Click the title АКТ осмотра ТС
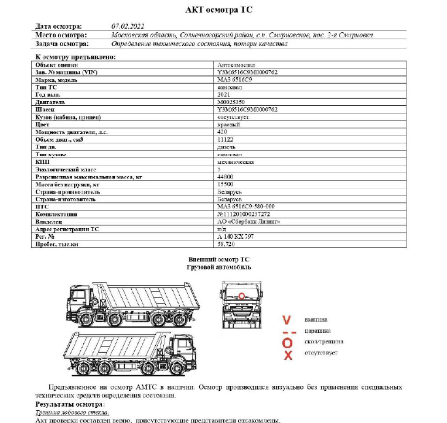click(223, 10)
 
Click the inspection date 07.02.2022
click(127, 26)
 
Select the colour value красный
click(228, 124)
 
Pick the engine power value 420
click(221, 132)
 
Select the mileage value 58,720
click(226, 244)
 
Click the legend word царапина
click(316, 331)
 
